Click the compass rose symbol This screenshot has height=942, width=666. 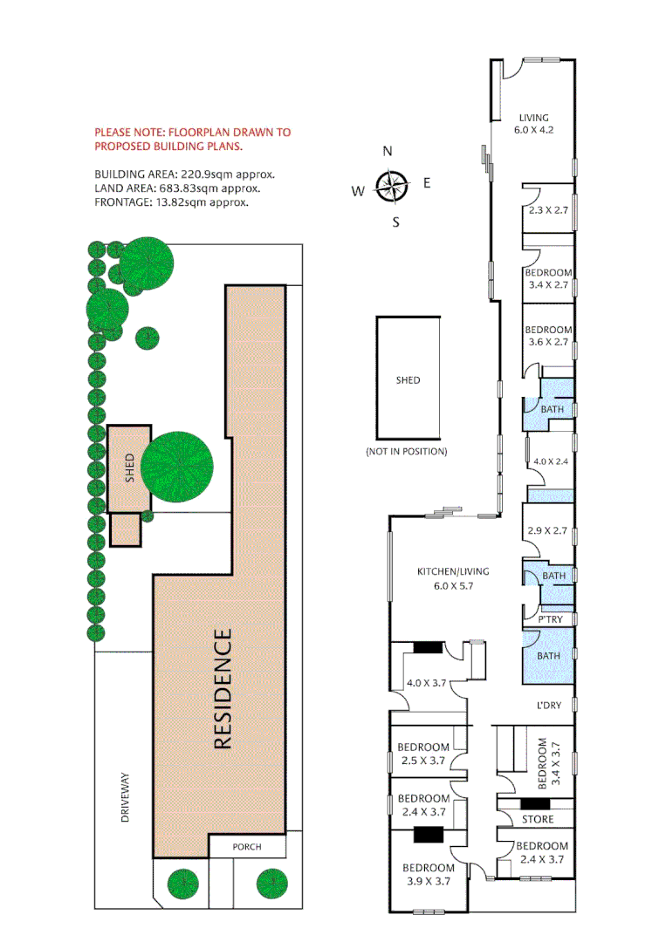(x=392, y=185)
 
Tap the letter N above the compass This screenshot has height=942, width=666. (x=388, y=151)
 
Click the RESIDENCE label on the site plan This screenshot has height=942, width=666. (x=223, y=689)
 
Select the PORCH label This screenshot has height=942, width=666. (x=247, y=847)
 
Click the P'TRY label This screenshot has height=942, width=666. (x=551, y=619)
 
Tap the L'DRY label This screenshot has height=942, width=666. (x=548, y=705)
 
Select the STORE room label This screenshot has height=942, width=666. (x=538, y=820)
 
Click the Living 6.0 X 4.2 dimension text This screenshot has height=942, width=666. (x=534, y=130)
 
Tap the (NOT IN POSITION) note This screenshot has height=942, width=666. (x=407, y=452)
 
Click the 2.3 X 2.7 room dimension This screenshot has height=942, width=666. (x=547, y=211)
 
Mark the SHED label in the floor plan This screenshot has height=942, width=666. (x=408, y=380)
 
